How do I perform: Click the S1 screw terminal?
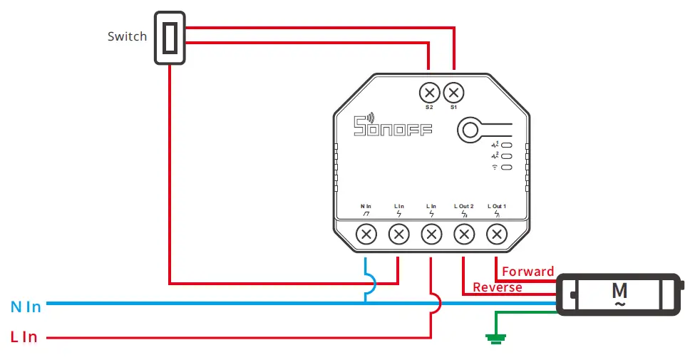454,93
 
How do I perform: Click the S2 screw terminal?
429,93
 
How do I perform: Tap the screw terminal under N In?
366,233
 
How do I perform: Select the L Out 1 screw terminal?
496,233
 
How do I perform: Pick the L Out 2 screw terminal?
464,233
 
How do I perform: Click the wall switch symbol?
170,38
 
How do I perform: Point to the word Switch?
127,36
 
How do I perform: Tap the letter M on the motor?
619,290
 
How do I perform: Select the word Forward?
527,272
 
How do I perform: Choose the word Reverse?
498,287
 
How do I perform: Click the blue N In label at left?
26,307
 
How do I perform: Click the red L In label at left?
24,337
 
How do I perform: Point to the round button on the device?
470,129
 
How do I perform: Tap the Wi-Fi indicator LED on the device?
506,168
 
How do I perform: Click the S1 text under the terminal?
454,108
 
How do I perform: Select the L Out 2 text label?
464,206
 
